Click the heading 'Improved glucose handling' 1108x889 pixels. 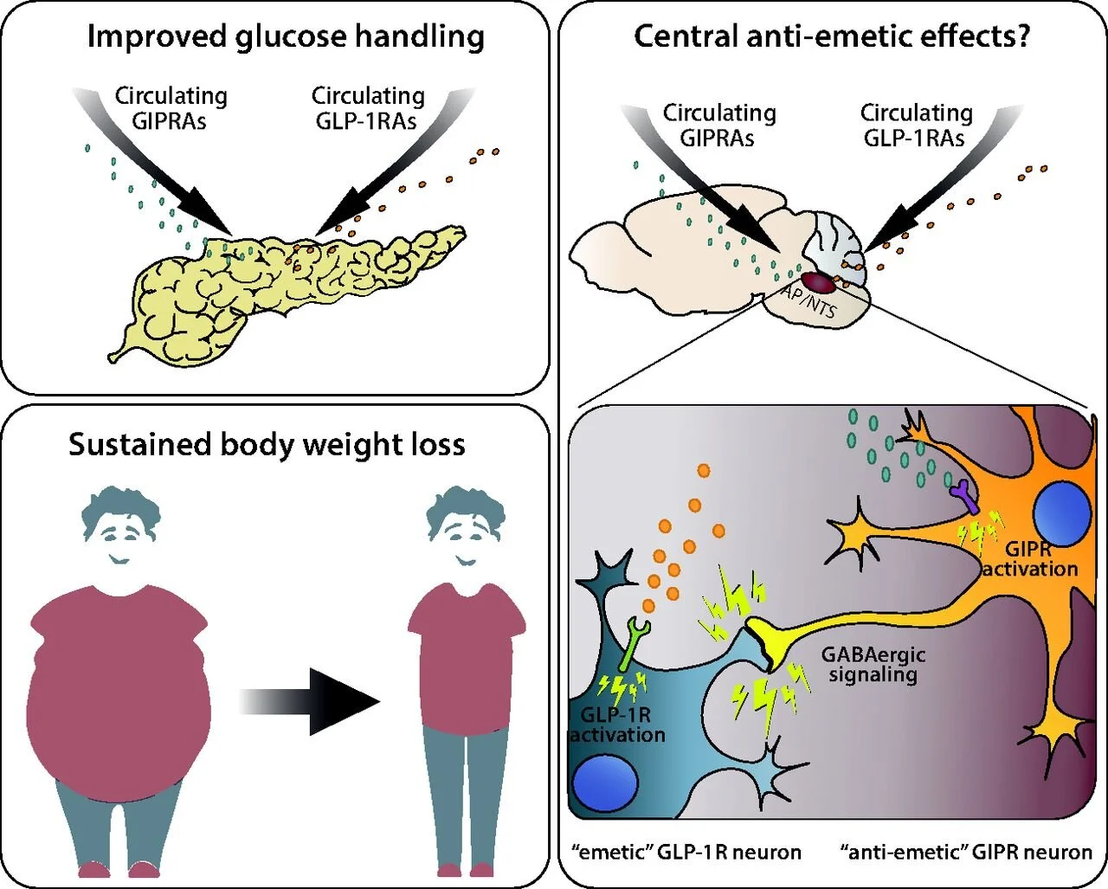tap(286, 37)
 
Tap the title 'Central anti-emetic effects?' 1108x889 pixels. tap(832, 36)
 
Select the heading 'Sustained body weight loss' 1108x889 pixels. tap(267, 444)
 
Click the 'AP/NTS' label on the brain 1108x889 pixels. tap(808, 301)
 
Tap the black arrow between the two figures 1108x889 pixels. tap(309, 701)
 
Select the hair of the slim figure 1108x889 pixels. tap(466, 511)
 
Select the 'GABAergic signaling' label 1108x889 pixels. tap(873, 665)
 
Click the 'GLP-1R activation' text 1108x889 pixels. tap(618, 725)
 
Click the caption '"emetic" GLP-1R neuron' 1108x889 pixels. tap(686, 853)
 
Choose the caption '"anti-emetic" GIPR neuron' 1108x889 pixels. tap(966, 853)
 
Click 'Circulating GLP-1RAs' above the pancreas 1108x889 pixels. tap(368, 108)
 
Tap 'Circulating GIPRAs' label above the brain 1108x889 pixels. tap(718, 126)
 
